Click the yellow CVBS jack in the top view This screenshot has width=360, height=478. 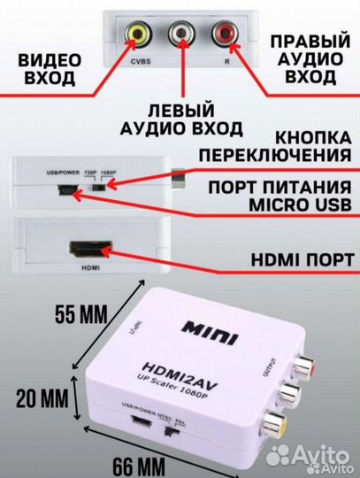[139, 35]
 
